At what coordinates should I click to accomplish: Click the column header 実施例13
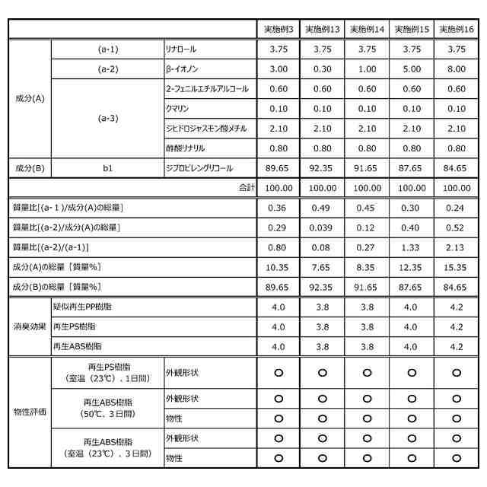click(323, 29)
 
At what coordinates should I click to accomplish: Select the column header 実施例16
click(457, 29)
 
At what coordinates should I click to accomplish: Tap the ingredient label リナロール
click(181, 49)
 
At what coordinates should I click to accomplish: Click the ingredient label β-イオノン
click(183, 69)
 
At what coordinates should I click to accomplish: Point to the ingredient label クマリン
click(178, 109)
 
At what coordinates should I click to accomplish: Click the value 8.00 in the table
click(457, 69)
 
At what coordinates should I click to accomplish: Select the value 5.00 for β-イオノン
click(412, 69)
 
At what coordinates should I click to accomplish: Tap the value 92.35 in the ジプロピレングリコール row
click(323, 167)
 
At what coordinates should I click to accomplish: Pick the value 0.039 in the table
click(323, 228)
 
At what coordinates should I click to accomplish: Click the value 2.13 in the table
click(457, 247)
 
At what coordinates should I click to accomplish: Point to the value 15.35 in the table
click(457, 267)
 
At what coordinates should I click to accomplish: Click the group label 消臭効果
click(29, 326)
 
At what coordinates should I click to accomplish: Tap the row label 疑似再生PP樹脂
click(84, 307)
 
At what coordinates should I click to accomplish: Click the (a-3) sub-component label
click(108, 119)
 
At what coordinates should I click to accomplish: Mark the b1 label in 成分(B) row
click(108, 167)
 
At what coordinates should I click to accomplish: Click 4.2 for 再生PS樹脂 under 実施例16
click(457, 326)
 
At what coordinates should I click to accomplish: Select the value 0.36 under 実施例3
click(279, 208)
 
